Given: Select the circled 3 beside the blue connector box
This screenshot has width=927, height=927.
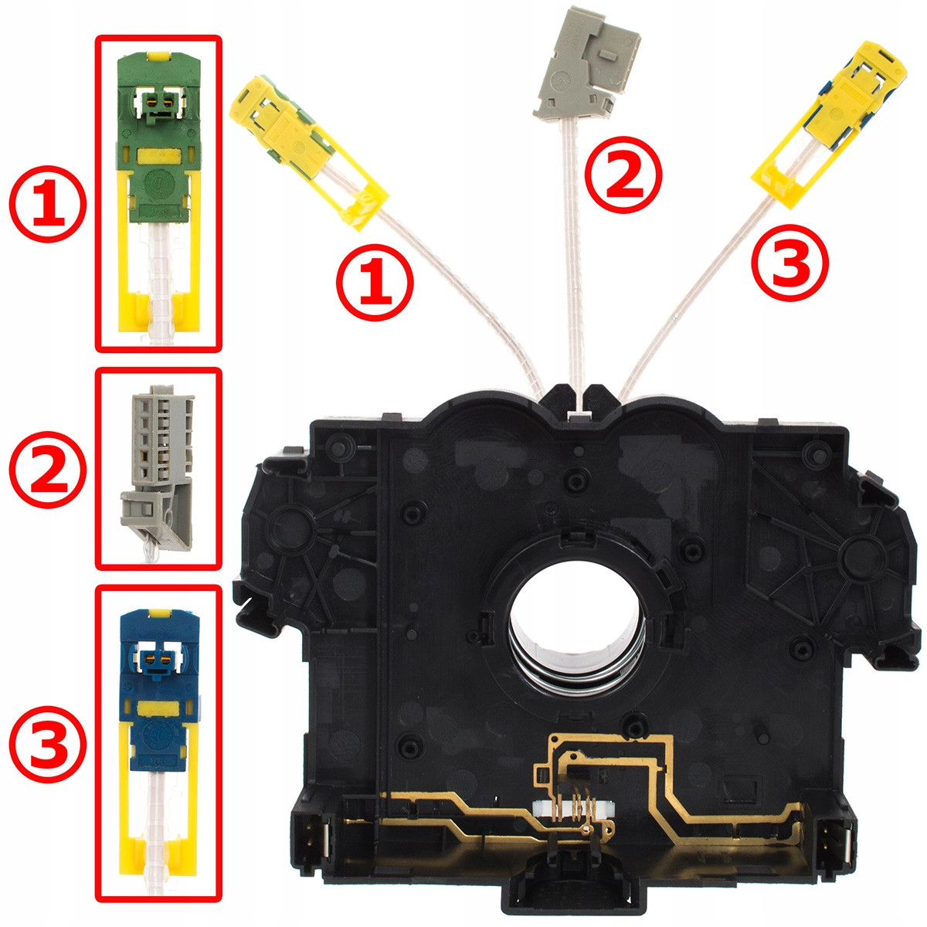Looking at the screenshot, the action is coord(48,744).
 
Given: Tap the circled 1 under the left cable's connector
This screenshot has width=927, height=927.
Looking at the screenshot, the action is coord(375,282).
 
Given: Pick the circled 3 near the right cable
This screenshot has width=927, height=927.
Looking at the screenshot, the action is coord(790,262).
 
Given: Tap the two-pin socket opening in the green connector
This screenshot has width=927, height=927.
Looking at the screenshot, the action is coord(159,102).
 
